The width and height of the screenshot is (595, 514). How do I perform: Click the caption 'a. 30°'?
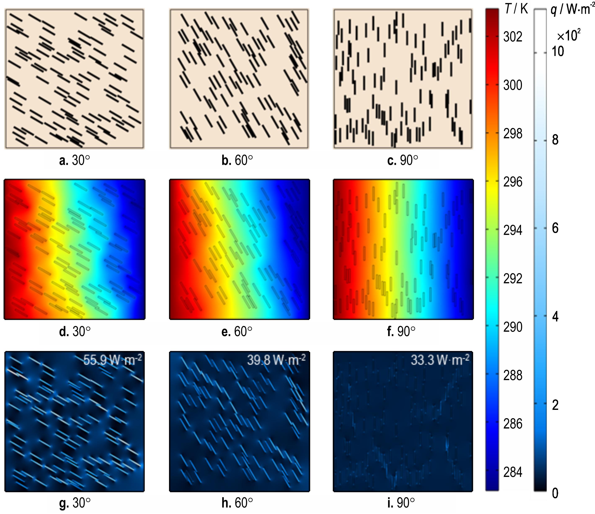74,160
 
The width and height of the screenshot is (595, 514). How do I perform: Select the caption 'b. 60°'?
237,160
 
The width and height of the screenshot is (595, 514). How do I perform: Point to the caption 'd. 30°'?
75,331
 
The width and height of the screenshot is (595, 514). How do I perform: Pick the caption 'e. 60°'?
237,331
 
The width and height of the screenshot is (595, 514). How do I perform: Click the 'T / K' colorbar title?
516,9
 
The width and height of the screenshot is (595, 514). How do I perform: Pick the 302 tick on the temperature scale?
512,37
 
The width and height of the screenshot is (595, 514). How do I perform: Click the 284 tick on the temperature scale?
512,472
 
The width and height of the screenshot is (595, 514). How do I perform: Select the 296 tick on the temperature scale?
512,182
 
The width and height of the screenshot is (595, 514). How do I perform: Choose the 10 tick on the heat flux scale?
558,52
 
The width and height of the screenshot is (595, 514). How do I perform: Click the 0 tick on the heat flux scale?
555,493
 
